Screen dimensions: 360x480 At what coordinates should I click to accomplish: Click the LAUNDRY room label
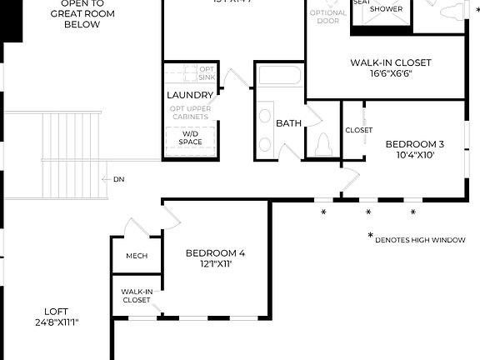click(x=190, y=96)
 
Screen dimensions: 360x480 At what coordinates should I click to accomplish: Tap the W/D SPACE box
click(x=191, y=137)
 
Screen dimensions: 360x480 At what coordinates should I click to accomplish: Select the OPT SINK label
click(x=206, y=73)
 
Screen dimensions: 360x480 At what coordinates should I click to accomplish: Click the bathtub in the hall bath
click(x=278, y=76)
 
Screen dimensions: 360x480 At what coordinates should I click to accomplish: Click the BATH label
click(x=288, y=123)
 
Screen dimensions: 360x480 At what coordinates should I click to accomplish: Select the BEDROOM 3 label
click(x=414, y=144)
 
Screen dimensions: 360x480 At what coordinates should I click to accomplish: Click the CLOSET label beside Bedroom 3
click(x=358, y=130)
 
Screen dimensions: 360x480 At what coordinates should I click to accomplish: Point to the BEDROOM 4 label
click(x=215, y=253)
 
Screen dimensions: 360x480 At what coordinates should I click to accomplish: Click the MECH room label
click(x=136, y=256)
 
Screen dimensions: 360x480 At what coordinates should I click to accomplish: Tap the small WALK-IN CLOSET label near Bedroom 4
click(x=137, y=296)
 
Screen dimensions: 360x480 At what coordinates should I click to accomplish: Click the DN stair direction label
click(x=118, y=179)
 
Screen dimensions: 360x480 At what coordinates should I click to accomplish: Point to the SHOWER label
click(x=386, y=9)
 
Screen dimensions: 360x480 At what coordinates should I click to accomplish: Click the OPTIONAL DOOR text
click(x=327, y=17)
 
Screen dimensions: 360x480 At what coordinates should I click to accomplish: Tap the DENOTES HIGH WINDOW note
click(x=419, y=240)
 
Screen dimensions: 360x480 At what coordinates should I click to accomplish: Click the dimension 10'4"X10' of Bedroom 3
click(x=414, y=155)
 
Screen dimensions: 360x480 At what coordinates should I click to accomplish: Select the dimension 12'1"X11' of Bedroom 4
click(x=215, y=264)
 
